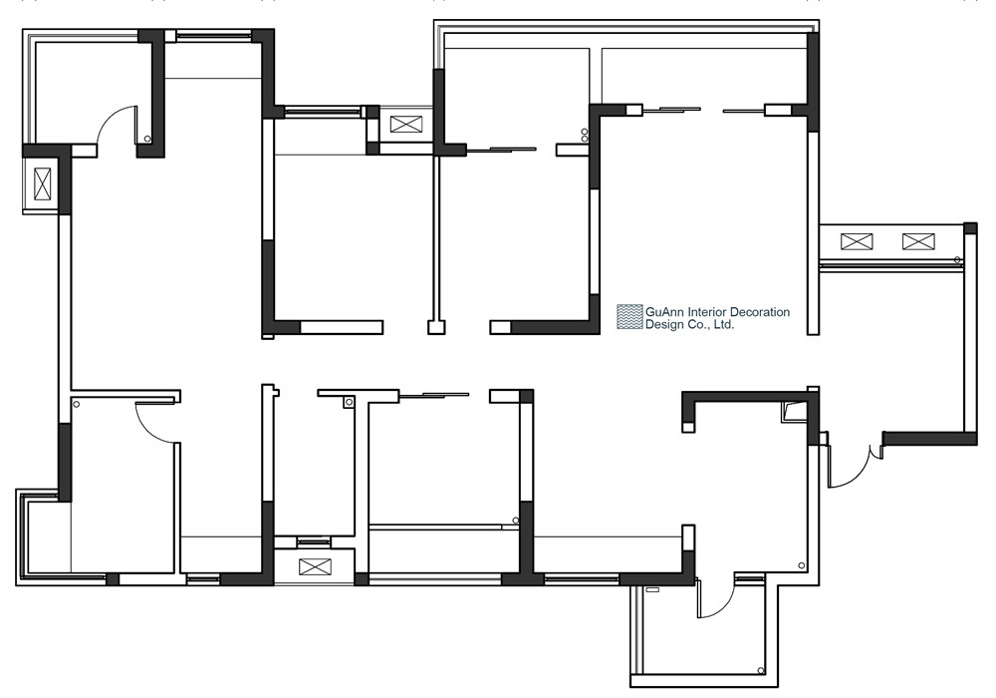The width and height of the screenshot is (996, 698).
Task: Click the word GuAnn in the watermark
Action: click(662, 312)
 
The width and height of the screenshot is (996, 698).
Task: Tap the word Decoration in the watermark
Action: click(760, 312)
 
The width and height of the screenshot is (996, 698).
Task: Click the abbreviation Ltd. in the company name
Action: click(724, 325)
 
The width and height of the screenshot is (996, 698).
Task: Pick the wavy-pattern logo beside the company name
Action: click(629, 317)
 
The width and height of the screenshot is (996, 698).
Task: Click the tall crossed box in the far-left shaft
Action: click(42, 183)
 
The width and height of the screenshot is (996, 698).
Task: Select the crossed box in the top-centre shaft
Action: click(404, 124)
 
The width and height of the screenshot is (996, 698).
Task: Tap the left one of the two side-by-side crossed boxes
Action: click(857, 241)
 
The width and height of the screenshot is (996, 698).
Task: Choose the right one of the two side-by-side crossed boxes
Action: click(918, 241)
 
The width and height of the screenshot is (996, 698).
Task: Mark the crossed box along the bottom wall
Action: click(315, 566)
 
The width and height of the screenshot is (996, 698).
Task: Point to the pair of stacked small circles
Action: click(585, 136)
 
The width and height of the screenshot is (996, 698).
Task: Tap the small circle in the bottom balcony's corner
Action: click(760, 670)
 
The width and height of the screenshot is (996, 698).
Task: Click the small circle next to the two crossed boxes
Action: click(958, 258)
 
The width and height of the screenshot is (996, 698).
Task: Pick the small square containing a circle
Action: click(348, 402)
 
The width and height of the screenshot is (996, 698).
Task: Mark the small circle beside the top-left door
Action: click(147, 139)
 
